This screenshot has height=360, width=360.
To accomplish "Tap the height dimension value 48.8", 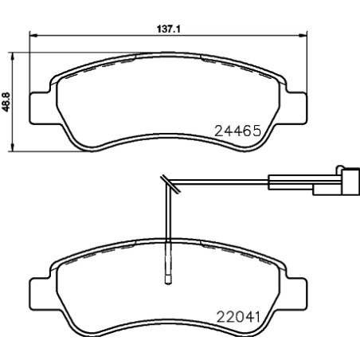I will [x=7, y=102].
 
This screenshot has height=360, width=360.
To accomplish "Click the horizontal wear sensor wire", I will [x=223, y=182].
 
